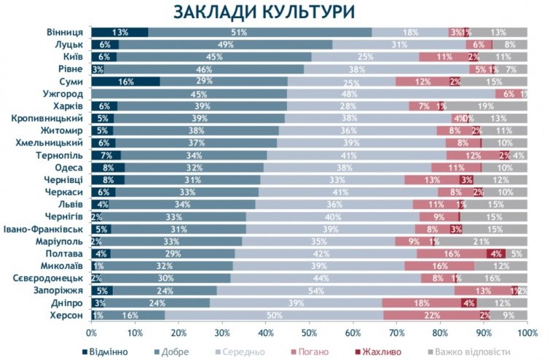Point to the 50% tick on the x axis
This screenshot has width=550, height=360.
click(x=309, y=332)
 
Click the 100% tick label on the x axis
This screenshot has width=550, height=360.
click(x=526, y=332)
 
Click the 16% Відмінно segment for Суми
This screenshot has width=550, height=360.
click(x=126, y=82)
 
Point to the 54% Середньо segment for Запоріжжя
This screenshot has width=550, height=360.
click(x=335, y=291)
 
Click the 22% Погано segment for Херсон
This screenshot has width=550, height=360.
click(x=431, y=316)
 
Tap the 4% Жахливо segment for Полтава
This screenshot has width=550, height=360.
click(x=496, y=253)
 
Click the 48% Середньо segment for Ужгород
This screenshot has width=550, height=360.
click(x=391, y=94)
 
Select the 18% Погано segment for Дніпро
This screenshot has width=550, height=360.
click(x=422, y=303)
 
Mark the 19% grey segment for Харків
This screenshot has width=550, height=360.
click(x=486, y=106)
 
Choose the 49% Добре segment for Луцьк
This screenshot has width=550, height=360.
click(x=225, y=44)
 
